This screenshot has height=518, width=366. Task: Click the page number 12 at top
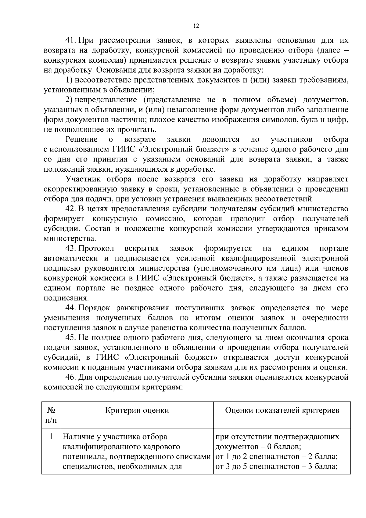pos(196,26)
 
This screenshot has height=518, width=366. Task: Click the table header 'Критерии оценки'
pos(137,410)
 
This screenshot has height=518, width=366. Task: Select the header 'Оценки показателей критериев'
pos(282,410)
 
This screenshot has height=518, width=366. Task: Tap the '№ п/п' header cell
pos(51,415)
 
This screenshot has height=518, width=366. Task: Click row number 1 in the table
pos(51,436)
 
